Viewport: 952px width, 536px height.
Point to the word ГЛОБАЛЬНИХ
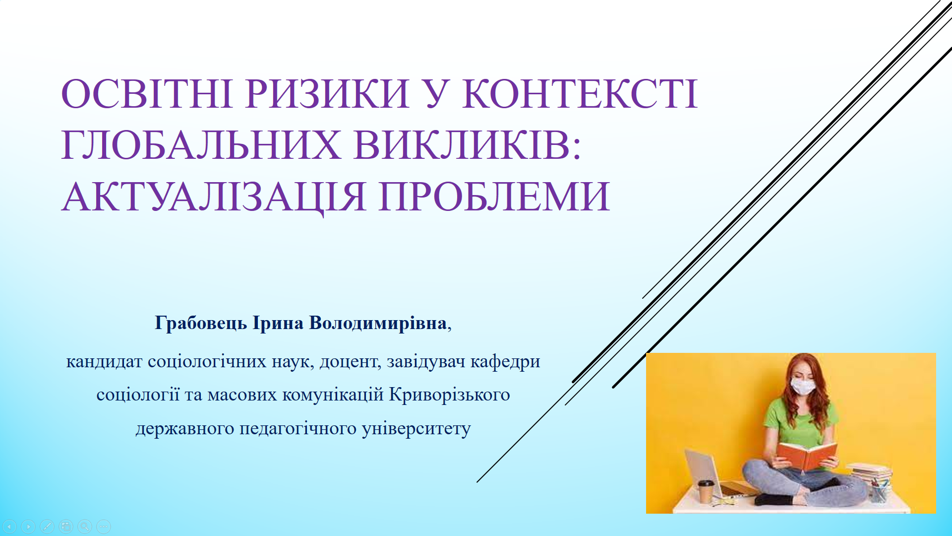201,145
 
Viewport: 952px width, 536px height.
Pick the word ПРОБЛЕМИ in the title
494,197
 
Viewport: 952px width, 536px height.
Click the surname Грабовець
201,324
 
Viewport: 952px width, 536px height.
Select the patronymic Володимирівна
378,323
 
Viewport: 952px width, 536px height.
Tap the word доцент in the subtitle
350,362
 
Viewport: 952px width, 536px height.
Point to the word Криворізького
450,395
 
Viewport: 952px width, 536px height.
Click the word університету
416,428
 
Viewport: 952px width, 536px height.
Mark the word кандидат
104,362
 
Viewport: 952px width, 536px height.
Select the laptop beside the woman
714,474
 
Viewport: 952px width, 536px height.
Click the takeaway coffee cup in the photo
706,491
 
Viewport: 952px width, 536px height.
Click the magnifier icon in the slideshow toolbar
85,526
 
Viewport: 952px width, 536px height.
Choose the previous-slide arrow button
9,526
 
